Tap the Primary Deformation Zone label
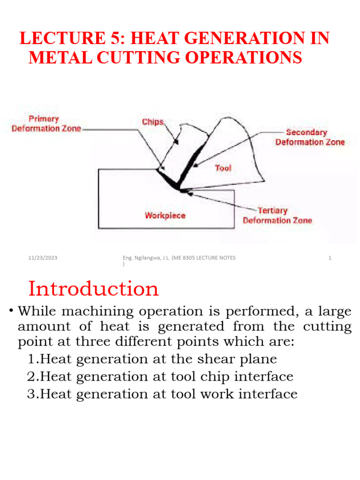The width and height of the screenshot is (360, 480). tap(46, 124)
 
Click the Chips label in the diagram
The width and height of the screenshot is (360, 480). tap(153, 122)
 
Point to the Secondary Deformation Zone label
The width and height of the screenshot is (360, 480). tap(310, 137)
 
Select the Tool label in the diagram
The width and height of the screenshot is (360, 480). tap(223, 168)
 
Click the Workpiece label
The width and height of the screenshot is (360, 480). tap(165, 216)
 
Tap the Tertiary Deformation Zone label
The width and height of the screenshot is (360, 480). tap(277, 216)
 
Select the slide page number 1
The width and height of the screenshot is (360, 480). tap(330, 258)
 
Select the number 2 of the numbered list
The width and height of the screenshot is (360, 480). tap(31, 376)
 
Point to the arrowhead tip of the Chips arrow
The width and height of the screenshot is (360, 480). tap(178, 143)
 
